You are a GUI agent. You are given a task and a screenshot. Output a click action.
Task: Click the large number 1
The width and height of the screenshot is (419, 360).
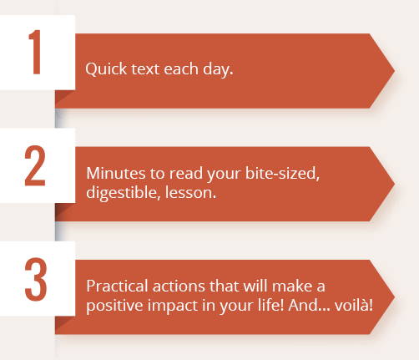[x=35, y=52]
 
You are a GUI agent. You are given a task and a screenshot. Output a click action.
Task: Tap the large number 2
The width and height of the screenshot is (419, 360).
[x=35, y=165]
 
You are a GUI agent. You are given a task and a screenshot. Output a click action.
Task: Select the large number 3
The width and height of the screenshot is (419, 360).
[x=36, y=279]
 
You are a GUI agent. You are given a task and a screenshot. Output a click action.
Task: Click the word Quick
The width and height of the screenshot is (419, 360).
[x=106, y=68]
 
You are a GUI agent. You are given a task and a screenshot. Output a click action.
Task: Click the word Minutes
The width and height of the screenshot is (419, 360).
[x=116, y=173]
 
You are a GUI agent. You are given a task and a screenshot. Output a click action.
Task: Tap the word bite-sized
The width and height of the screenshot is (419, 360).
[x=282, y=174]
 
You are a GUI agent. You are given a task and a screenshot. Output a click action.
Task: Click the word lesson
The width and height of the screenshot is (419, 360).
[x=190, y=193]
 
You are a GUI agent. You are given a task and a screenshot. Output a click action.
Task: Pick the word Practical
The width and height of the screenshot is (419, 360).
[x=117, y=286]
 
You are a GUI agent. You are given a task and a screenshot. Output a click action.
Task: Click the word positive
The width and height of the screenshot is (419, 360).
[x=115, y=306]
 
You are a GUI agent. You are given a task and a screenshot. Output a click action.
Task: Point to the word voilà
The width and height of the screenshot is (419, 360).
[x=354, y=305]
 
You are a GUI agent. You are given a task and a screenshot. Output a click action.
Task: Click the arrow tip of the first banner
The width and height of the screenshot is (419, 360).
[x=395, y=71]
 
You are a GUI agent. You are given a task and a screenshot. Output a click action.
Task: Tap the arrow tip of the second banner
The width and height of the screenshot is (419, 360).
[x=395, y=184]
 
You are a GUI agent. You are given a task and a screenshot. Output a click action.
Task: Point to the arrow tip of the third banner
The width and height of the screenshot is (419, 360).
[x=395, y=297]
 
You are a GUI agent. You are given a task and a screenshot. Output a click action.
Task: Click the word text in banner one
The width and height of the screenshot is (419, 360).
[x=145, y=69]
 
